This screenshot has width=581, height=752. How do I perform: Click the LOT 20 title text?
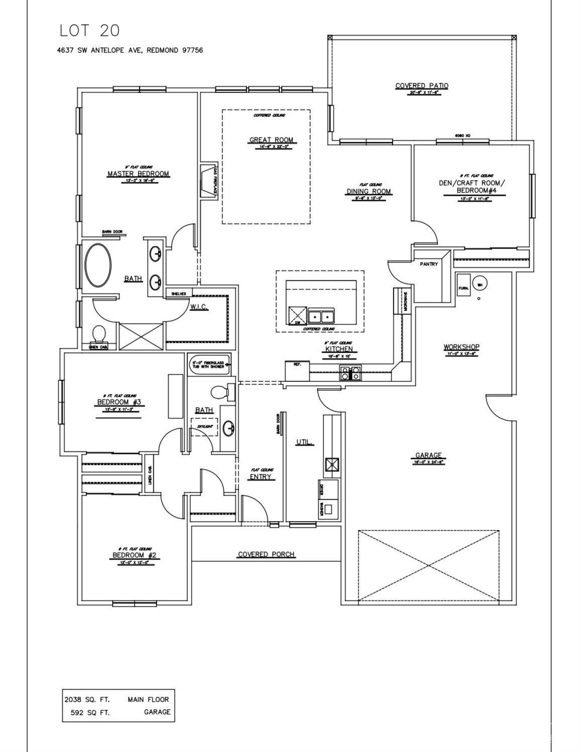[x=89, y=31]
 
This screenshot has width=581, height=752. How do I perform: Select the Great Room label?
[x=271, y=140]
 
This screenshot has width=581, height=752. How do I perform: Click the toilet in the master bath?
[x=99, y=333]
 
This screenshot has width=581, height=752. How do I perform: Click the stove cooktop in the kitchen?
[x=350, y=373]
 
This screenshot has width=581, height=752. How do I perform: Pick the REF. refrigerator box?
[x=297, y=370]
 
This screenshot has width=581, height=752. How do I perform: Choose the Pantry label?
[x=428, y=264]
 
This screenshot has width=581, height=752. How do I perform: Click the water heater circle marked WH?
[x=479, y=284]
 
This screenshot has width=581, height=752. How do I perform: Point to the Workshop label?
[x=461, y=347]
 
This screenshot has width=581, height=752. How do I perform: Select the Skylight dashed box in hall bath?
[x=205, y=427]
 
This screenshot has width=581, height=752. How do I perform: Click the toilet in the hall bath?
[x=222, y=392]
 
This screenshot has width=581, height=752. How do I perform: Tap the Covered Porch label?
[x=266, y=554]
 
